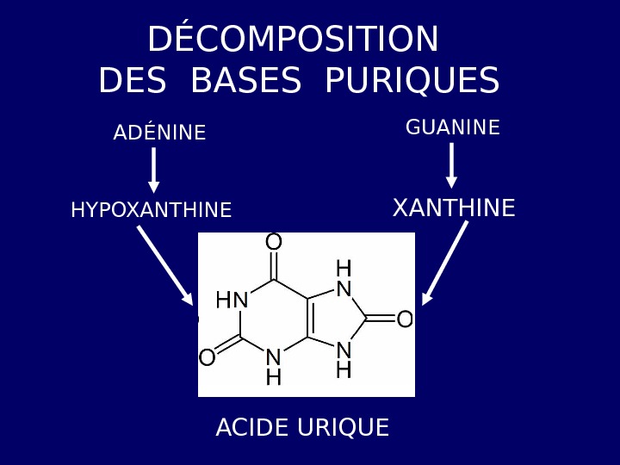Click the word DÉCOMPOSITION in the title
[293, 40]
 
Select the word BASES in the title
[245, 81]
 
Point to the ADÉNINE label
[159, 133]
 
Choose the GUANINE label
[452, 128]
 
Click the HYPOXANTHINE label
[151, 210]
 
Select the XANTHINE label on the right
[454, 208]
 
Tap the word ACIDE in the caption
[251, 428]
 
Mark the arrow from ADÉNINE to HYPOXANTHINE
[154, 170]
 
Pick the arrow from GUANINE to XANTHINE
[451, 165]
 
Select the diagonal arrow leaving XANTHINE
[444, 263]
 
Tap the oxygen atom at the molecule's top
[274, 243]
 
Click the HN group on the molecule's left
[232, 301]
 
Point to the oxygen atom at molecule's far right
[404, 320]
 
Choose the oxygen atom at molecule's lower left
[208, 357]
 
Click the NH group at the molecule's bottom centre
[274, 367]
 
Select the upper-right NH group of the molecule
[344, 279]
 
